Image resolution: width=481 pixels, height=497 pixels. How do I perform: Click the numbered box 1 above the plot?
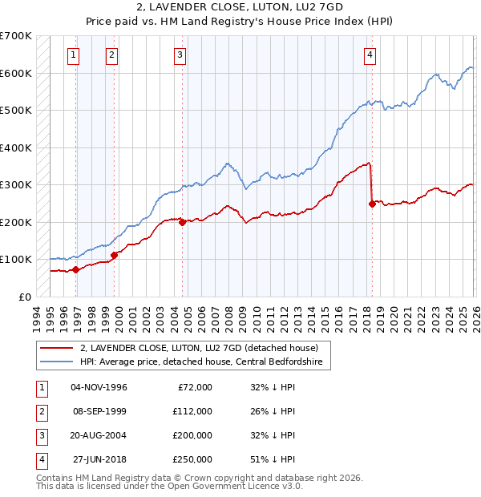[x=73, y=55]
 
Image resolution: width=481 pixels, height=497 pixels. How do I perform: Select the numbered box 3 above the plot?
[x=180, y=55]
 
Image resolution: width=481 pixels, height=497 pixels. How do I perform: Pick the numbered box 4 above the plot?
[x=370, y=55]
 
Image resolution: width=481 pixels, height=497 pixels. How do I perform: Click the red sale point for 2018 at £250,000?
[x=372, y=204]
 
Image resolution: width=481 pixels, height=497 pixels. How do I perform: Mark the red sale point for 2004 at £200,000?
[x=182, y=222]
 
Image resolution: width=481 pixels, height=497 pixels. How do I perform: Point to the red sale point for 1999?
[x=114, y=255]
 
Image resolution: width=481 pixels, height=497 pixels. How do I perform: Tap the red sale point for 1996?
[x=75, y=270]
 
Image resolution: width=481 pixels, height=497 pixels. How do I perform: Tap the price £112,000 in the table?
[x=192, y=411]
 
